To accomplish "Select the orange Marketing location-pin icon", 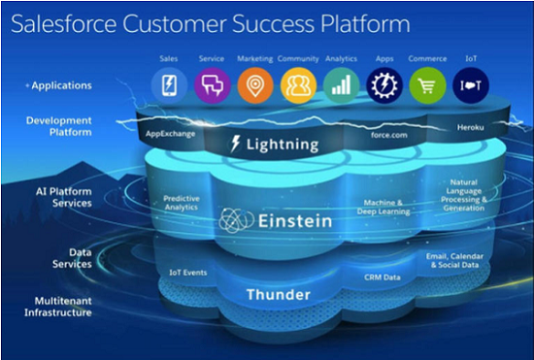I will pos(255,86).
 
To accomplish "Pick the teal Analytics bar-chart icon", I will pos(341,86).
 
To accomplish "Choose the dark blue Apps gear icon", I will pos(384,86).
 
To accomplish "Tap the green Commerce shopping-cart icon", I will pos(426,86).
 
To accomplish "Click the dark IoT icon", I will pos(470,86).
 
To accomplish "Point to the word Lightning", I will pos(283,146).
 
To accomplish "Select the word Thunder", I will pos(277,294).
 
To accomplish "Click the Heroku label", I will pos(471,128).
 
